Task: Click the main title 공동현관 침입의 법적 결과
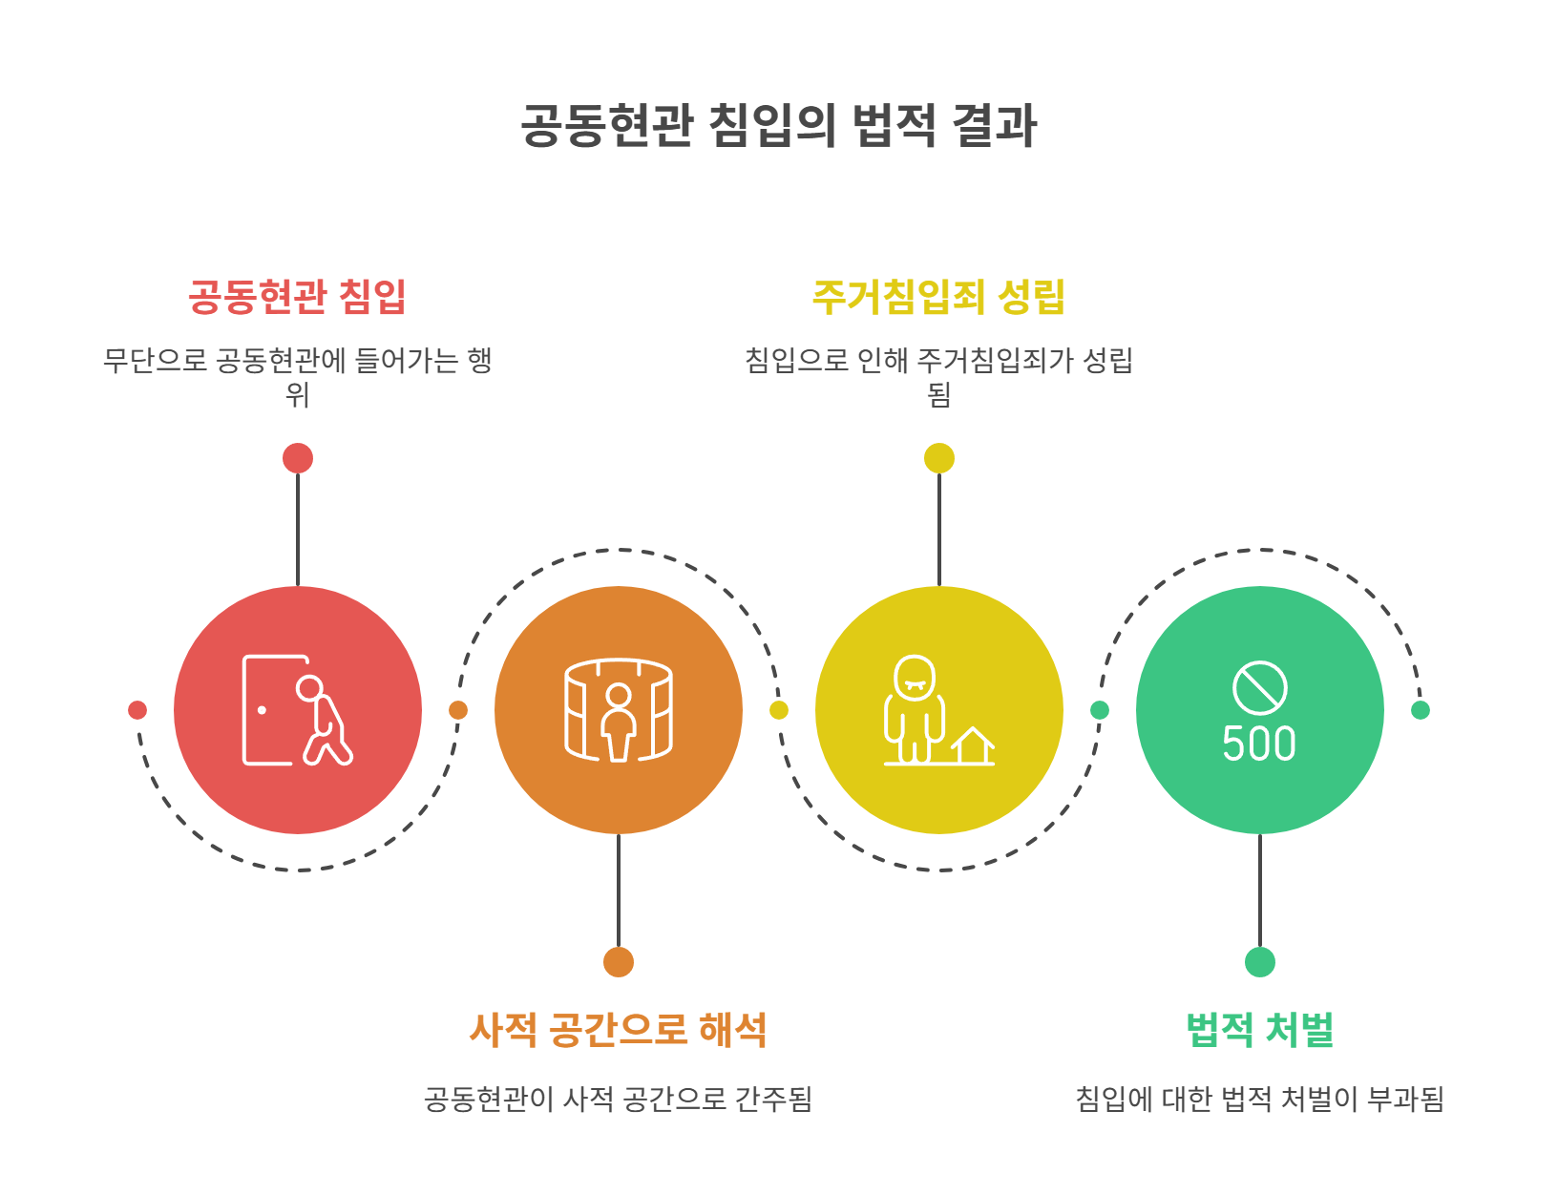point(778,125)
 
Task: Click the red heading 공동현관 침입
point(297,297)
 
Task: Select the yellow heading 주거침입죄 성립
point(938,297)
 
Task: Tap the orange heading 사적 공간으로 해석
point(618,1030)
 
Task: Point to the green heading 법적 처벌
point(1259,1030)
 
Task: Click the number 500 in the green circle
point(1259,744)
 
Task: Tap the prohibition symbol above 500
point(1259,687)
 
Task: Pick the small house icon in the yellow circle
point(972,745)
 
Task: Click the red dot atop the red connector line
point(298,458)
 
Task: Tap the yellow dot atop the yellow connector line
point(939,458)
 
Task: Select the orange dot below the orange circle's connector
point(619,962)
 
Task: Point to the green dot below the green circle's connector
point(1260,962)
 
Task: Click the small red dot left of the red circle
point(137,710)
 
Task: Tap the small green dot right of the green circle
point(1421,710)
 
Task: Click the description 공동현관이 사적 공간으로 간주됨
point(618,1099)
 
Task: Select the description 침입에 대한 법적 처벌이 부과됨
point(1259,1099)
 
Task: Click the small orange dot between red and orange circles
point(458,710)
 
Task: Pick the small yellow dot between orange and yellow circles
point(779,710)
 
